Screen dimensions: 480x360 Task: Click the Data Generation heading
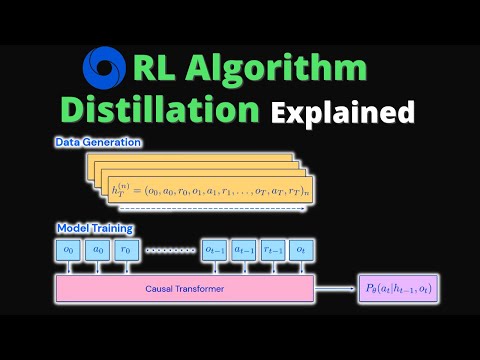point(97,142)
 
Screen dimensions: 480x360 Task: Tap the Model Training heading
point(93,228)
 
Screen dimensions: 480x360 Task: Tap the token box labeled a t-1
point(244,250)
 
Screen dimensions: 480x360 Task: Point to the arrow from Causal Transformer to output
point(340,289)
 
